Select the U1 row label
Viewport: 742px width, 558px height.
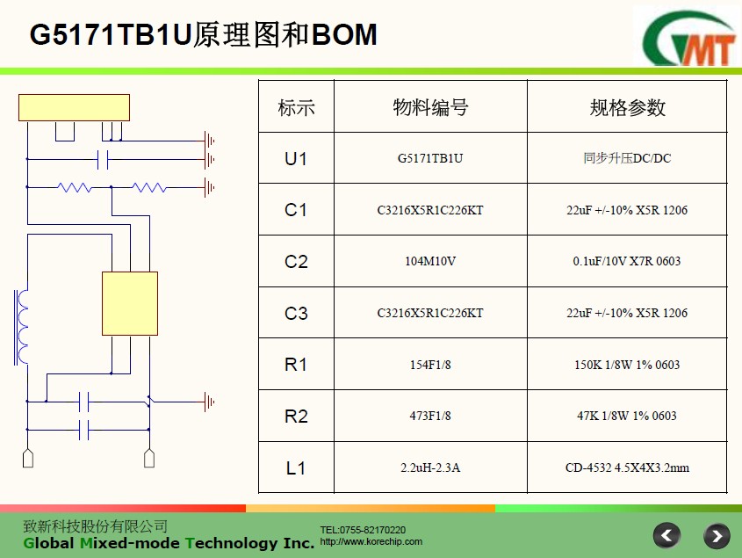[x=296, y=159]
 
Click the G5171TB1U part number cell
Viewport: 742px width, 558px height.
[x=430, y=158]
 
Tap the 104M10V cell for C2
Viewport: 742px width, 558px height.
[x=430, y=261]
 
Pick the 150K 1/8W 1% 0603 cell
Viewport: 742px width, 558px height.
[x=627, y=365]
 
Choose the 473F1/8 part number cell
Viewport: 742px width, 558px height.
[x=430, y=416]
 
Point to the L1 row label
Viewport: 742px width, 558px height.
[x=296, y=468]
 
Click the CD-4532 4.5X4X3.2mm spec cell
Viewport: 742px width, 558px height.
[x=627, y=468]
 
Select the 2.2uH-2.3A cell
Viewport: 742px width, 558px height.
[x=430, y=468]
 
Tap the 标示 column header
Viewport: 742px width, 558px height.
[x=296, y=107]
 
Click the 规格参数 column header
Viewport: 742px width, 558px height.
[x=628, y=107]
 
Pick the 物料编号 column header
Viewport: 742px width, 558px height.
[x=430, y=107]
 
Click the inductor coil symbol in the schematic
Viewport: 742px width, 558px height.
[x=21, y=327]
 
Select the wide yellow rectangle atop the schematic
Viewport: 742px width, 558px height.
[x=74, y=107]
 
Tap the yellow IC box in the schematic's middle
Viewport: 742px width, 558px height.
[x=130, y=304]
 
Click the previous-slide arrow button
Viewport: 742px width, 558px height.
[x=666, y=536]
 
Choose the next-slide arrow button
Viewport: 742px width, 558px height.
[x=717, y=536]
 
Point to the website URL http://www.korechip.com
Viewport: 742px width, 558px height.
[x=371, y=541]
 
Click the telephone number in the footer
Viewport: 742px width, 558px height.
[x=363, y=530]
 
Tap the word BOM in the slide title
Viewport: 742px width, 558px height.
[x=344, y=34]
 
